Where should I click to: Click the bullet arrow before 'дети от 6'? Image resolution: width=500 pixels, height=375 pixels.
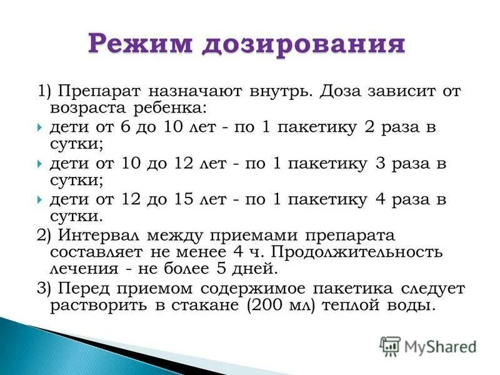coord(39,127)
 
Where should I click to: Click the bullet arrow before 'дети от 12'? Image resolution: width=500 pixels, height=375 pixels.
coord(39,200)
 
